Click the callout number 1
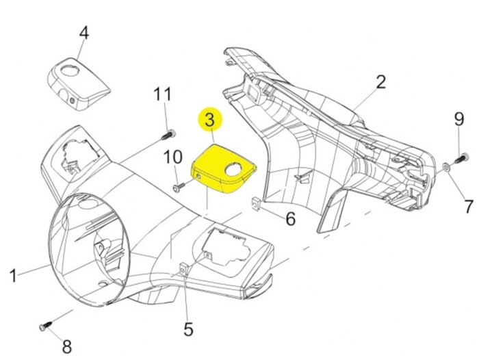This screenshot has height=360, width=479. (13, 276)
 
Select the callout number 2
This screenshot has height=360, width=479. (380, 83)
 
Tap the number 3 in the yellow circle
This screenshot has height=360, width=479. (209, 120)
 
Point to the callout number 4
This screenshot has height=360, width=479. (84, 33)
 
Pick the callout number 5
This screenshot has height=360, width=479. (188, 330)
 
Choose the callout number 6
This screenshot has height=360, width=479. (290, 219)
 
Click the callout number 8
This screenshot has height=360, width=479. (66, 346)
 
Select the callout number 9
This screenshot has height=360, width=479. (459, 120)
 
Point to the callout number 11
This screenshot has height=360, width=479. (162, 94)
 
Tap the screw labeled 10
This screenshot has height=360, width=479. (178, 185)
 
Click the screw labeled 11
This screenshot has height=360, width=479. (168, 133)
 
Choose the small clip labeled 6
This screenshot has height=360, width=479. (255, 205)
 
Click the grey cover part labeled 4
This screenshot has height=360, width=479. (77, 81)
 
